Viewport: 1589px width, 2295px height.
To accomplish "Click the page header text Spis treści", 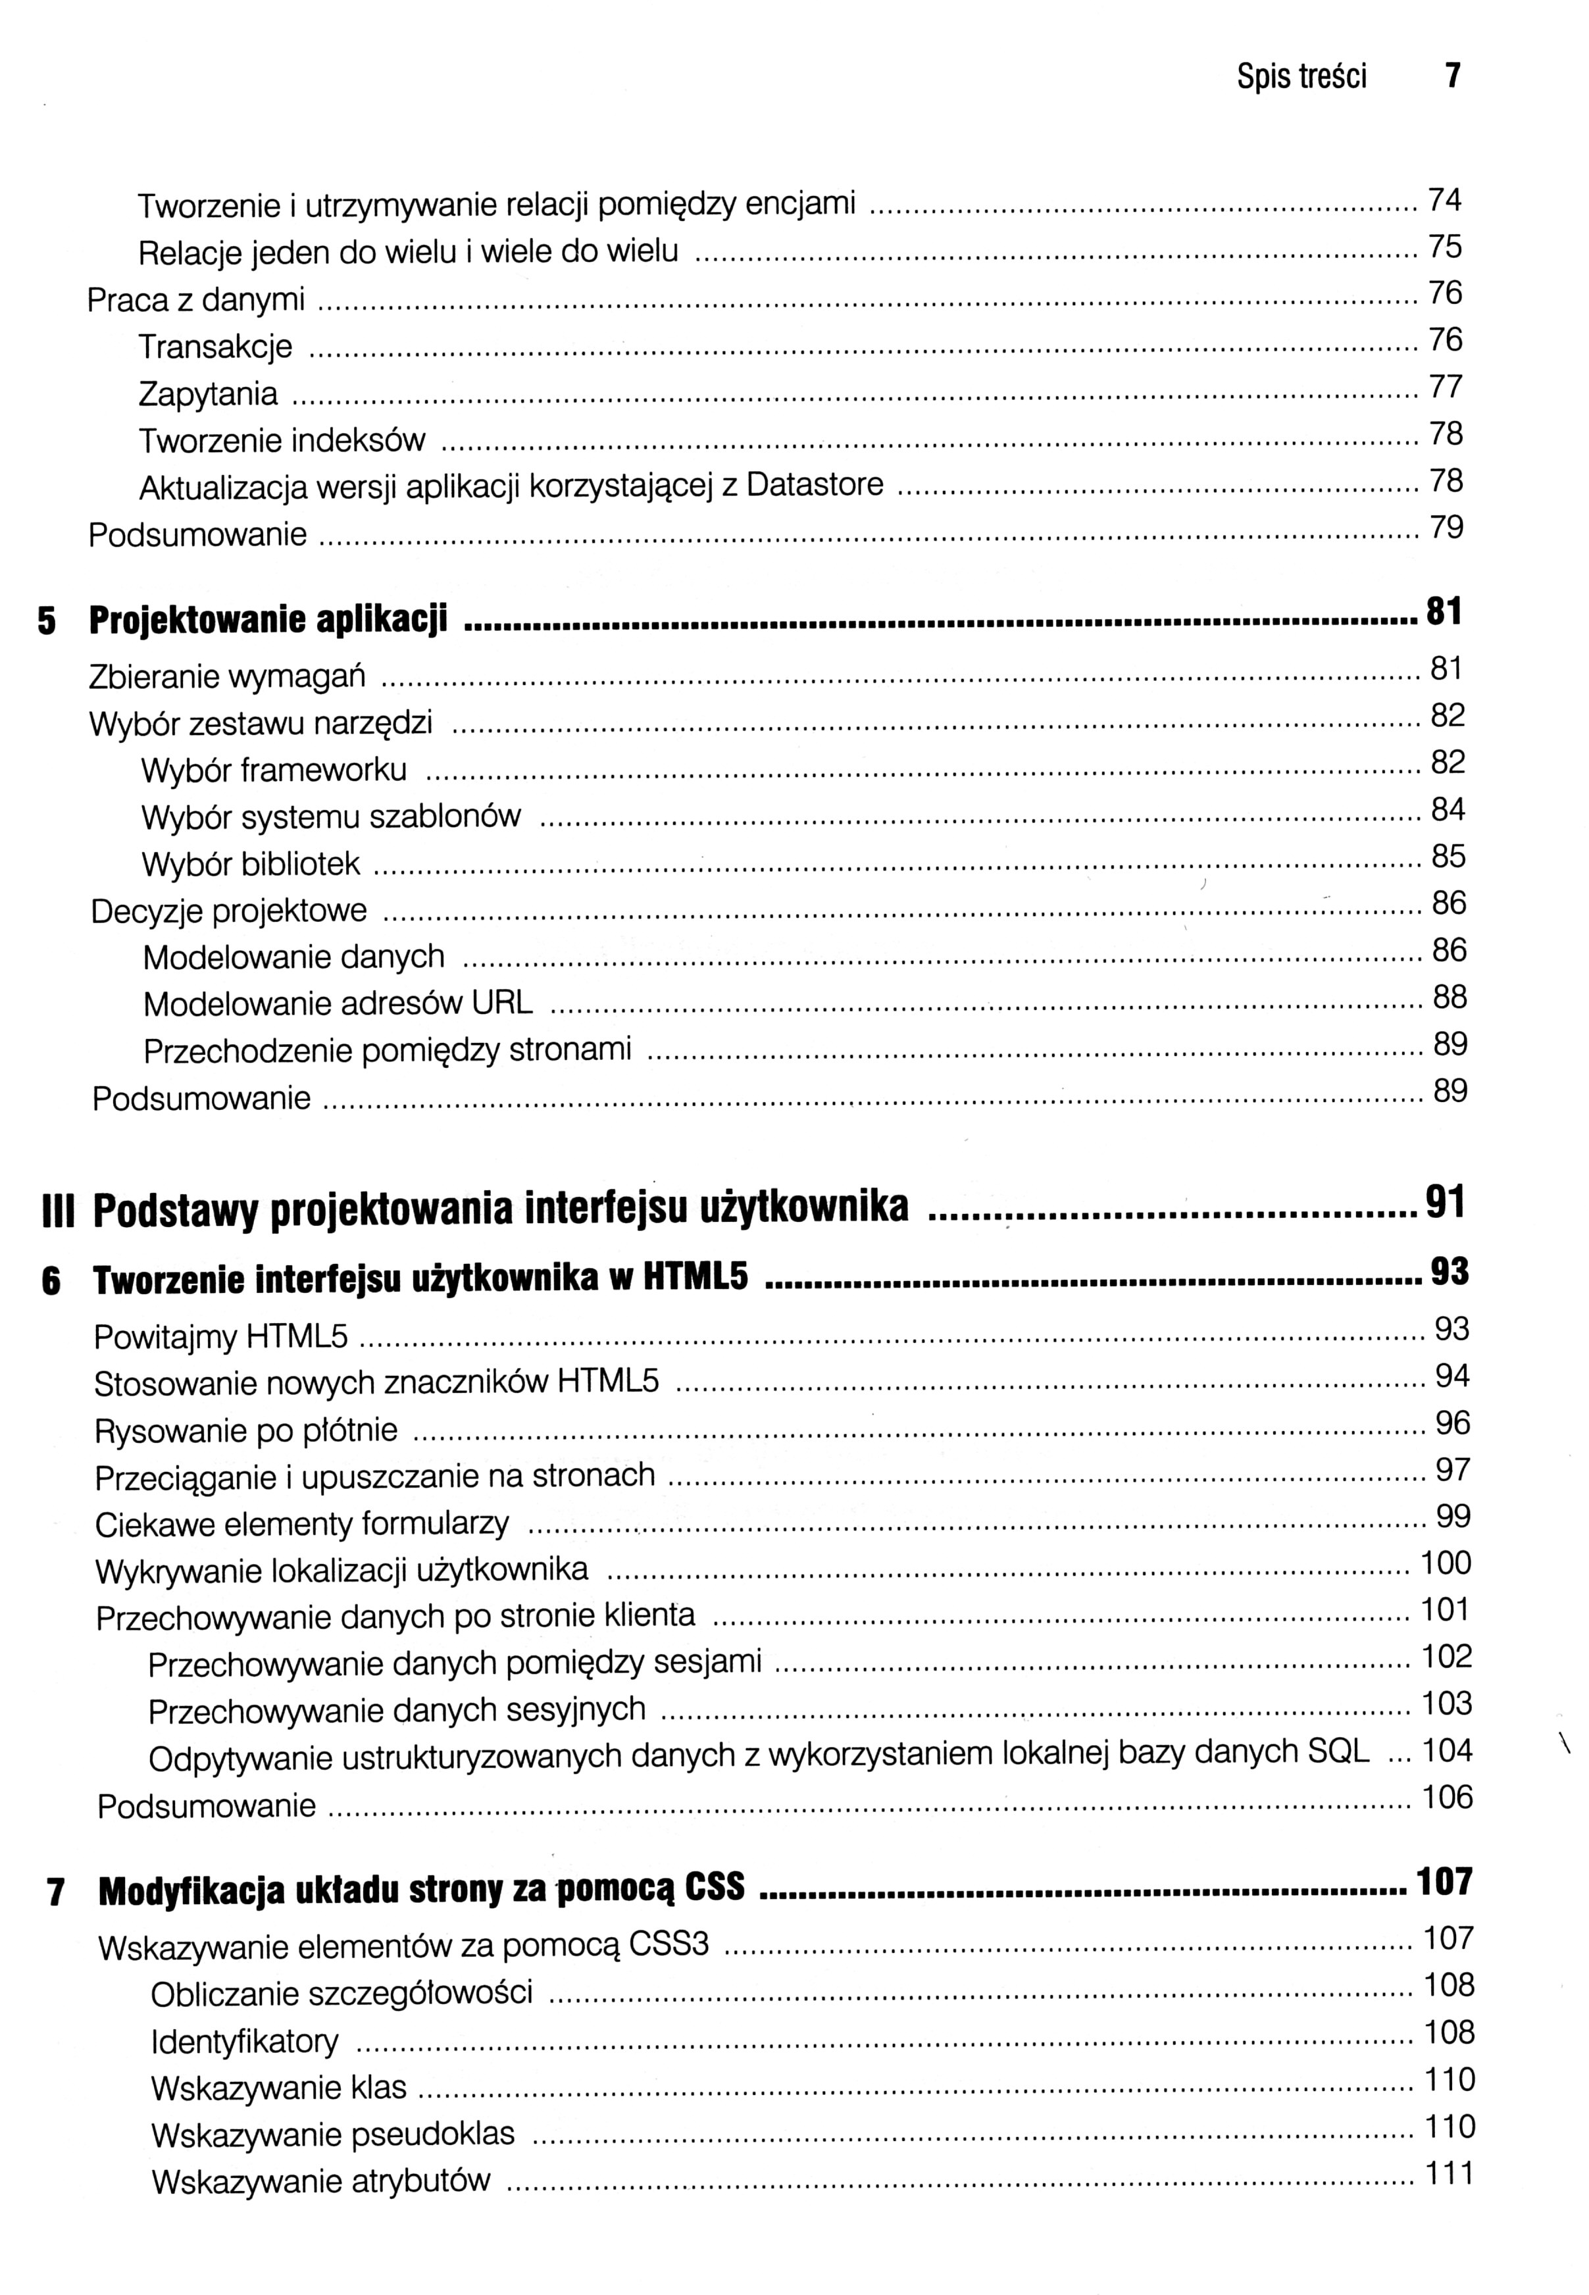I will (1301, 77).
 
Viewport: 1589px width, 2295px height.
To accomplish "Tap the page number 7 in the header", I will (1453, 76).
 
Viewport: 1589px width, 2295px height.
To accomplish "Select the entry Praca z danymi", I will (196, 299).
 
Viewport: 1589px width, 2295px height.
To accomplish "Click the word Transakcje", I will (215, 347).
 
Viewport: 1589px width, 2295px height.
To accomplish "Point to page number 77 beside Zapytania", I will (1446, 386).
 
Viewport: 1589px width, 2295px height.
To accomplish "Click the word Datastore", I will (815, 485).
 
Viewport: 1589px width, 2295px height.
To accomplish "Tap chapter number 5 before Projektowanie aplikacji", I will (47, 621).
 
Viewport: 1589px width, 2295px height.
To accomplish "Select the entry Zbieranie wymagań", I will (227, 677).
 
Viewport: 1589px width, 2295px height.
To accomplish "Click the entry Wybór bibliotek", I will (251, 864).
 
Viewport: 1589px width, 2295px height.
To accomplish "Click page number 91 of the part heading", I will (1446, 1203).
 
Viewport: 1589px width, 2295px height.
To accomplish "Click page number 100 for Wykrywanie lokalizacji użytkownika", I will (1446, 1563).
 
